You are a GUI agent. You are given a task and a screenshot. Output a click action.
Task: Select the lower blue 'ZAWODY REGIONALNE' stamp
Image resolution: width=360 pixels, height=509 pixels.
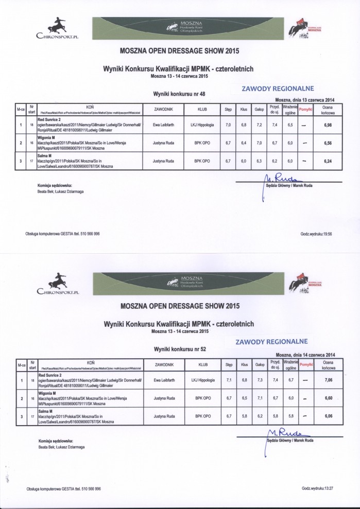pos(271,342)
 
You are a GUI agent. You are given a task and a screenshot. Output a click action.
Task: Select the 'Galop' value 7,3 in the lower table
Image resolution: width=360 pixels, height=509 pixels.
pos(260,381)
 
